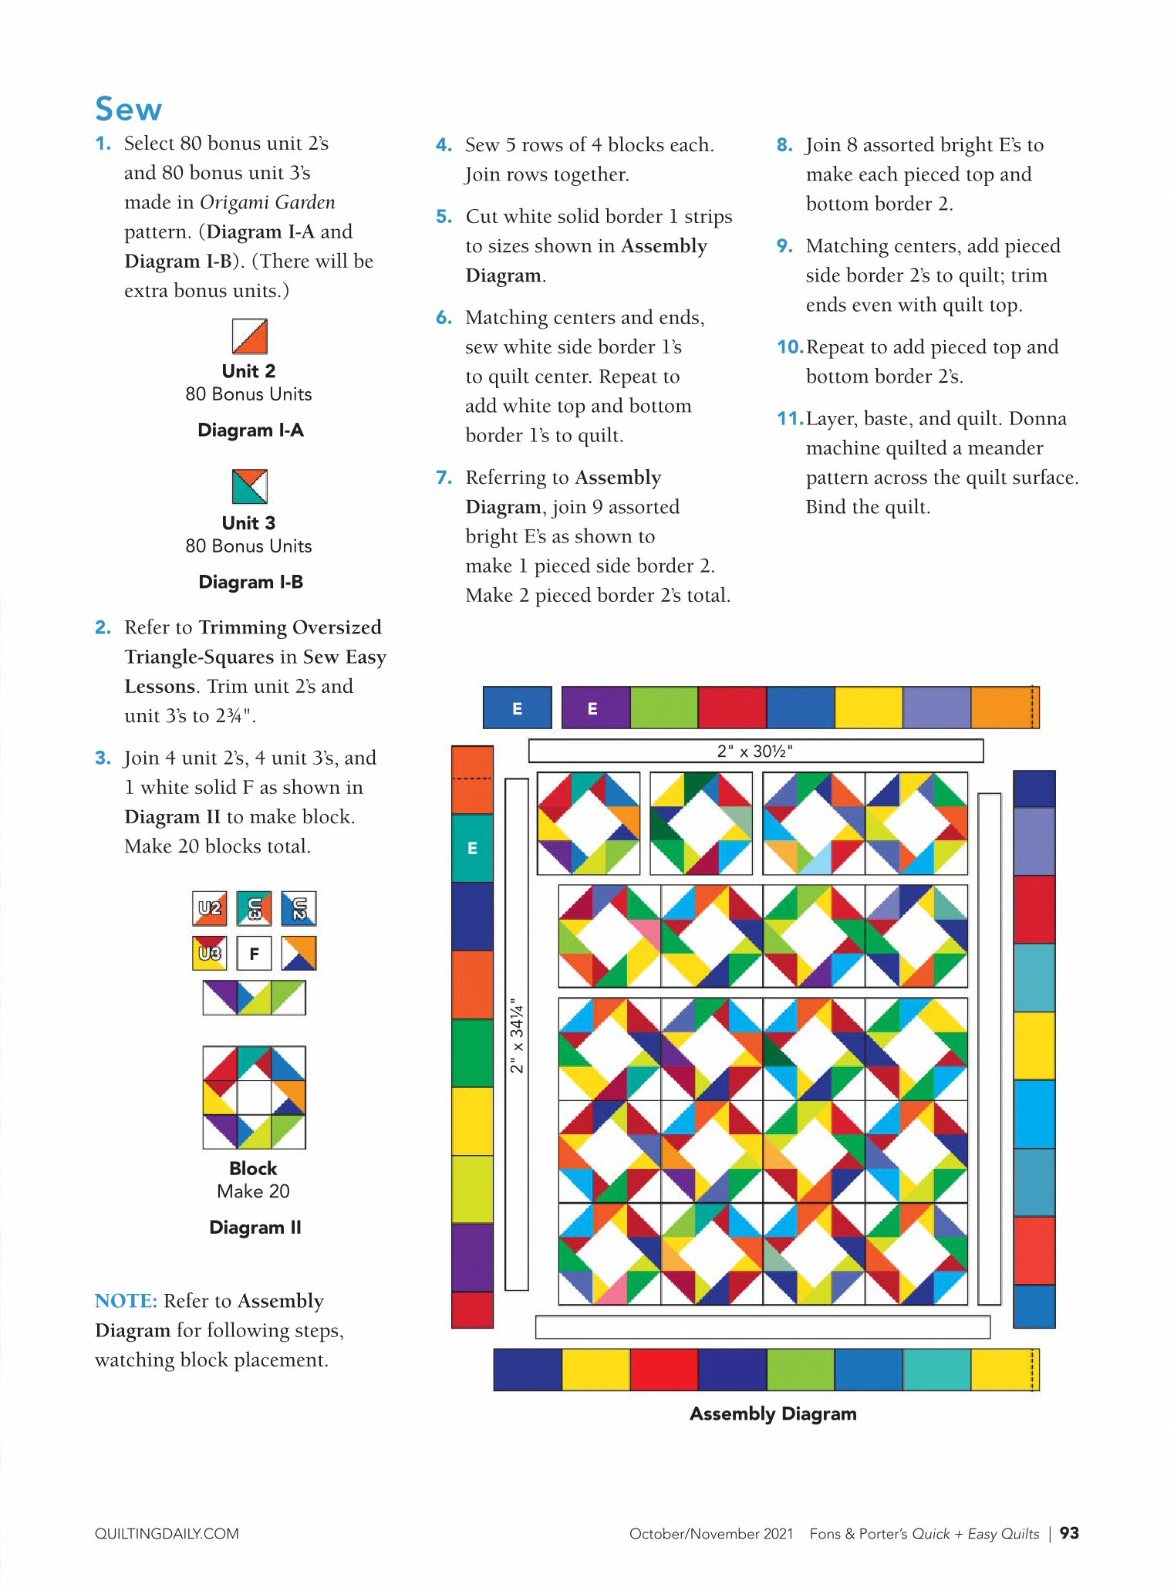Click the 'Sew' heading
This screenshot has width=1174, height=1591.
pos(128,109)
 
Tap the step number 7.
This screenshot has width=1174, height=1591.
pos(444,478)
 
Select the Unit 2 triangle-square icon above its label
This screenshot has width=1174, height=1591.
pos(250,336)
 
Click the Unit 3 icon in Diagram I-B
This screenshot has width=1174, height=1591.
pos(250,486)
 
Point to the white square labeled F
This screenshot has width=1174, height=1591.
pos(254,954)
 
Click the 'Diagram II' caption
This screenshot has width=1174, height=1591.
pos(255,1227)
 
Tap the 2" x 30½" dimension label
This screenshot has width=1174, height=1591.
pos(755,751)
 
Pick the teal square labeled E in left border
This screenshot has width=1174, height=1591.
pos(472,848)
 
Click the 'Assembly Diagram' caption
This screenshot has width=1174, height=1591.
pos(773,1414)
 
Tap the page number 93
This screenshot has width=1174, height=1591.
pos(1069,1533)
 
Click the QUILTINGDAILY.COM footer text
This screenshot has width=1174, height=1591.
pos(167,1534)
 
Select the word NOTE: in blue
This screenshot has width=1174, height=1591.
pos(126,1301)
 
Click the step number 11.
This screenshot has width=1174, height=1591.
pos(790,418)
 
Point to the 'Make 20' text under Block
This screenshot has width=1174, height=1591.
pos(253,1191)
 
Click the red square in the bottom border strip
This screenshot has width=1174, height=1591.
pos(664,1370)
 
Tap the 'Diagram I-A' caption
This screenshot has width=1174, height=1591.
pos(251,430)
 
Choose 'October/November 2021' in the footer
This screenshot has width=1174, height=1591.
pos(711,1534)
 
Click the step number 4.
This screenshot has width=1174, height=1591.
pos(444,145)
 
